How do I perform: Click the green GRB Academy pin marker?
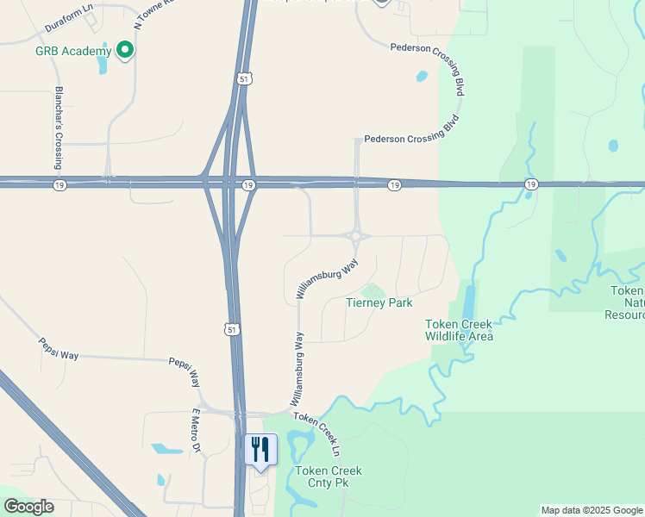[125, 51]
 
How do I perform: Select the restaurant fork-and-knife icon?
[261, 449]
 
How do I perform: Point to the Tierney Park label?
[379, 302]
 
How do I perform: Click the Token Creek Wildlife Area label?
[459, 330]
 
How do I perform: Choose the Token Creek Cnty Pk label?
[328, 477]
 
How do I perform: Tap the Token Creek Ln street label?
[317, 433]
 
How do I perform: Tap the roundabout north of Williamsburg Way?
[355, 236]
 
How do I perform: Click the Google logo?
[28, 507]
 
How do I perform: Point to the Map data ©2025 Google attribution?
[592, 510]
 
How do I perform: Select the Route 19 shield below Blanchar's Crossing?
[59, 185]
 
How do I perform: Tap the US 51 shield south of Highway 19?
[229, 329]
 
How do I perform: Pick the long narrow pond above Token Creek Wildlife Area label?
[469, 302]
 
